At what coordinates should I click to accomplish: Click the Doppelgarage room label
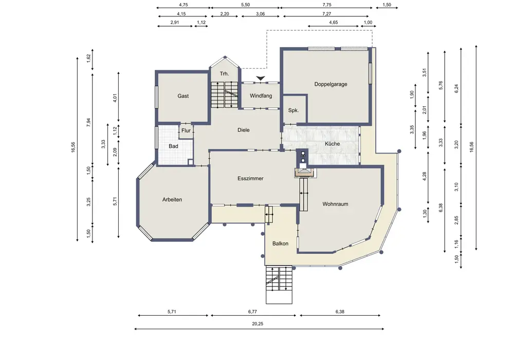[x=331, y=84]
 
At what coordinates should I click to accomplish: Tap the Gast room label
[x=183, y=96]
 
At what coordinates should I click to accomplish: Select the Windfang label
[x=261, y=96]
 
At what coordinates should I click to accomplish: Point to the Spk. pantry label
[x=293, y=110]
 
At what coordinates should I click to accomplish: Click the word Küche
[x=332, y=144]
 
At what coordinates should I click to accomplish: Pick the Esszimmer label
[x=250, y=178]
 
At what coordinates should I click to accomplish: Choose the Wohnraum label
[x=335, y=204]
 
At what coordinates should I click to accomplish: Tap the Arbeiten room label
[x=172, y=199]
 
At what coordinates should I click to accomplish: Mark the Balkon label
[x=280, y=243]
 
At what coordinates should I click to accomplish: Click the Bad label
[x=173, y=146]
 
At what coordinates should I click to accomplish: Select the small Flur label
[x=186, y=130]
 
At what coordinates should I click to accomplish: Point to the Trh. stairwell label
[x=224, y=73]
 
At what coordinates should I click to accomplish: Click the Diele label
[x=243, y=130]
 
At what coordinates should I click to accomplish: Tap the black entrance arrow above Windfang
[x=261, y=78]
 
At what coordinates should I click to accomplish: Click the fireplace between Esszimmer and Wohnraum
[x=305, y=173]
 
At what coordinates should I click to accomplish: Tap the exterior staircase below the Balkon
[x=279, y=285]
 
